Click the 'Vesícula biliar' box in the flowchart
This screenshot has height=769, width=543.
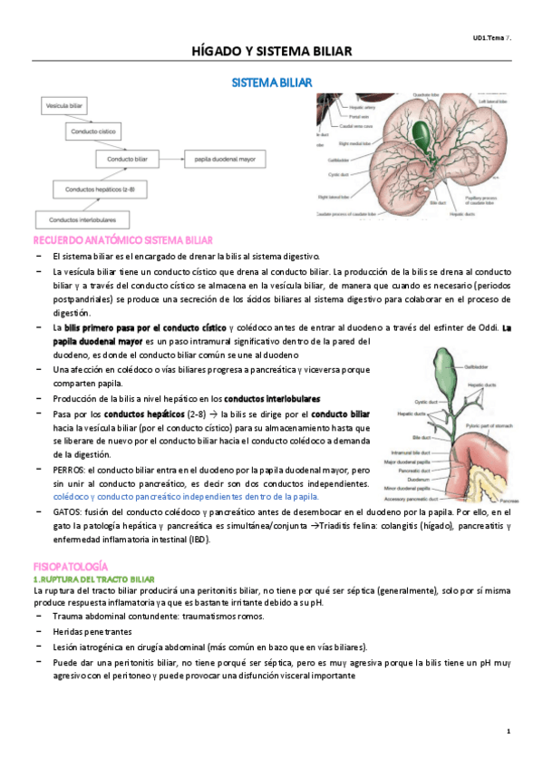pyautogui.click(x=63, y=107)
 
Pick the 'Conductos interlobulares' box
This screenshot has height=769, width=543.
pyautogui.click(x=81, y=219)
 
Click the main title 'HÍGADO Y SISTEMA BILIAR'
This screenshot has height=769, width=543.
pyautogui.click(x=271, y=52)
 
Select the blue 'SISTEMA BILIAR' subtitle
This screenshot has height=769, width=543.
pyautogui.click(x=271, y=83)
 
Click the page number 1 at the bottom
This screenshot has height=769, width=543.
pyautogui.click(x=509, y=731)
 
